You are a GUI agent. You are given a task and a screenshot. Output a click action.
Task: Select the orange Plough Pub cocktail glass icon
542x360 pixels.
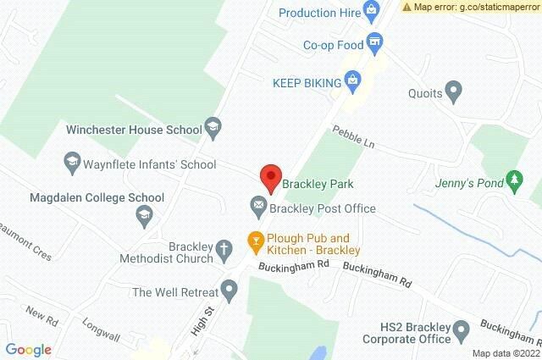pos(253,241)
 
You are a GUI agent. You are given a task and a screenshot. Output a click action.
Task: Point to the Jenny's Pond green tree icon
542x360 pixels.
pos(512,180)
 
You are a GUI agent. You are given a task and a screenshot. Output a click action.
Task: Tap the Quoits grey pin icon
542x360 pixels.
pos(454,90)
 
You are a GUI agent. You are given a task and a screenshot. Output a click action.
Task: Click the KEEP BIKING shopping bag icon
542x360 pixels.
pos(355,81)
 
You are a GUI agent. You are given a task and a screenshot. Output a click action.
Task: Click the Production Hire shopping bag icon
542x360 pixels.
pos(370,11)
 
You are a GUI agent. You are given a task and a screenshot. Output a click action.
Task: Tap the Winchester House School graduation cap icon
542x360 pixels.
pos(213,129)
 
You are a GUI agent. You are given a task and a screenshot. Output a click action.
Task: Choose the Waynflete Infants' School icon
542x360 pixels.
pos(72,160)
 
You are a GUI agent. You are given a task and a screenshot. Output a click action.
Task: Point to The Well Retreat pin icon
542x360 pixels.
pos(228,289)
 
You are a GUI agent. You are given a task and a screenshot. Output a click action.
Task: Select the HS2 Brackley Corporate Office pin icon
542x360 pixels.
pos(462,330)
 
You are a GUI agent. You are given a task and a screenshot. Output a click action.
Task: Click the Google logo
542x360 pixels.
pos(29,349)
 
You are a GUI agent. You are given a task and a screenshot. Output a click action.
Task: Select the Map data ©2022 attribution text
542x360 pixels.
pos(505,353)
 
